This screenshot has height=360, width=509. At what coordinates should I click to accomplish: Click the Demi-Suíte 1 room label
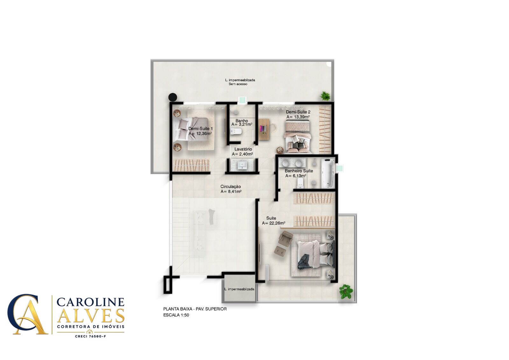200,129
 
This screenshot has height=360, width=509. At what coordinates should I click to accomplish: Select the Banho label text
241,121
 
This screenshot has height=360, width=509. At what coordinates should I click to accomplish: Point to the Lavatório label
243,149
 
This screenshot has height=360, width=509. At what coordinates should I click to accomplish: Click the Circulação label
230,187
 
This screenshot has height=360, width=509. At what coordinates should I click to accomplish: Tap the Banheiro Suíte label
299,171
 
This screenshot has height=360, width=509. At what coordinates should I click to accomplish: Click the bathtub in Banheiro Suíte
328,173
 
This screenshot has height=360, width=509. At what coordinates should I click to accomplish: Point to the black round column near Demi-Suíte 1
172,97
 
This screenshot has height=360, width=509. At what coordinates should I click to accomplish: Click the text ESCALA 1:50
176,315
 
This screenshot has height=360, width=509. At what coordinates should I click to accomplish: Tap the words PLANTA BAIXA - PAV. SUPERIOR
195,309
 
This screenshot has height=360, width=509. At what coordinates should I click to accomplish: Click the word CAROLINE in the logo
90,302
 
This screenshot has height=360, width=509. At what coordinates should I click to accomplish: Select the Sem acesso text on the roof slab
238,84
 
